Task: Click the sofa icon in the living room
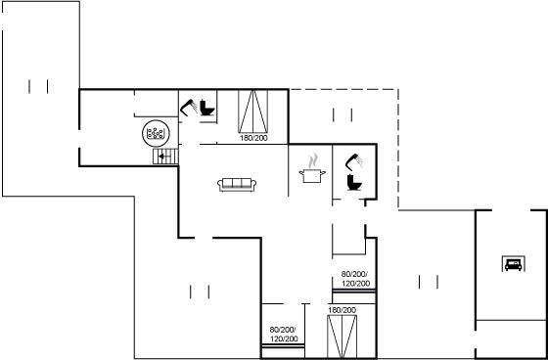(x=237, y=185)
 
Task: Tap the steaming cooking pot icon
(x=312, y=168)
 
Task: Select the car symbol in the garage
(x=513, y=263)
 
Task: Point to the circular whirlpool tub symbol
(x=156, y=133)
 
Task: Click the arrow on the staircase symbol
(x=162, y=157)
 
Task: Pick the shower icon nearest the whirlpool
(x=189, y=107)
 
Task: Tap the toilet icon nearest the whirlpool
(x=206, y=108)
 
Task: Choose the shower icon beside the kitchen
(x=353, y=162)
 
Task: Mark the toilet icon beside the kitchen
(x=354, y=183)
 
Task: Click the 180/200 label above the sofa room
(x=253, y=138)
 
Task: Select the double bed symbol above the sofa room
(x=253, y=112)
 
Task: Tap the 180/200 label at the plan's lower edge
(x=342, y=310)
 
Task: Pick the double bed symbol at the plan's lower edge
(x=342, y=337)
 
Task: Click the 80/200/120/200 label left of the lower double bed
(x=284, y=335)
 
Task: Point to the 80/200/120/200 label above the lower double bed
(x=355, y=279)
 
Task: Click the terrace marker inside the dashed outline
(x=342, y=115)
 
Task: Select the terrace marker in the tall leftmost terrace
(x=38, y=87)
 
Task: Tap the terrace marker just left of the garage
(x=429, y=282)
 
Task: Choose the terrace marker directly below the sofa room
(x=200, y=292)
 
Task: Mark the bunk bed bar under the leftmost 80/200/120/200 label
(x=284, y=346)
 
